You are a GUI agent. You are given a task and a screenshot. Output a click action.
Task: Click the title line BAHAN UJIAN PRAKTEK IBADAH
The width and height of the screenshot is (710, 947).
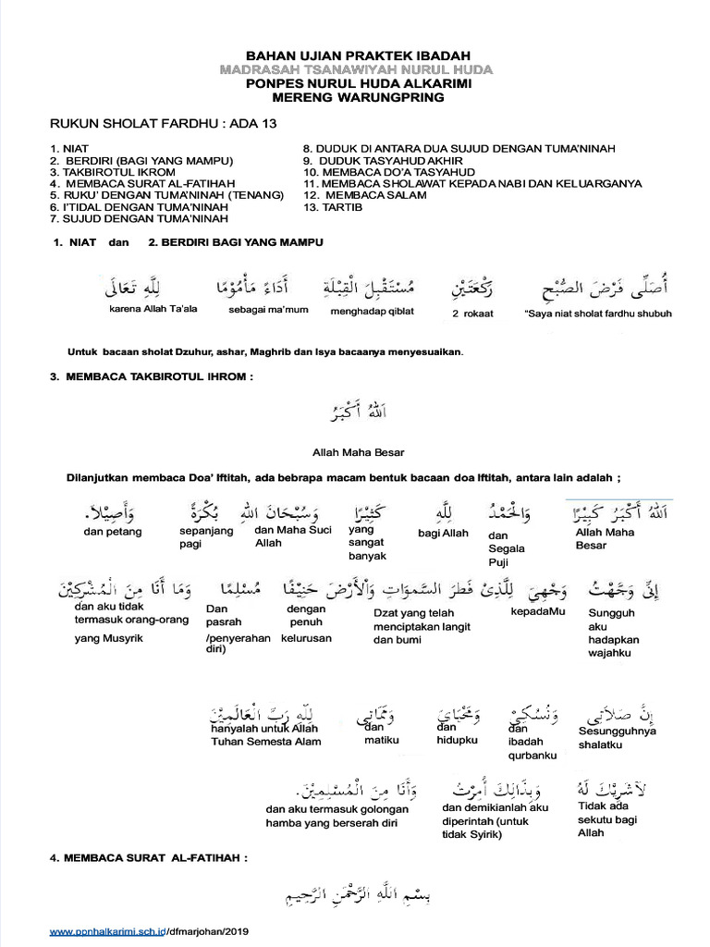[356, 56]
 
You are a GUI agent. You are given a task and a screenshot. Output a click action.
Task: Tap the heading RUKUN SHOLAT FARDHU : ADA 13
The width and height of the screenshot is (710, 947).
[163, 123]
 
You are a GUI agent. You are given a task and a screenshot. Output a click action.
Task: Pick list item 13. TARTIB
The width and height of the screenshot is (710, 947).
[333, 207]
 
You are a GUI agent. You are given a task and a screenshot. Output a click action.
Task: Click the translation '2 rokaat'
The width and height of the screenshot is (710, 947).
[472, 314]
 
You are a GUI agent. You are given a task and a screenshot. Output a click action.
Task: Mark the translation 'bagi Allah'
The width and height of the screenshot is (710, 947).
[443, 534]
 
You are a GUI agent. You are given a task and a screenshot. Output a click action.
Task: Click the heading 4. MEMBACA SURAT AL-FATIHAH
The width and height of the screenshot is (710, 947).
[149, 859]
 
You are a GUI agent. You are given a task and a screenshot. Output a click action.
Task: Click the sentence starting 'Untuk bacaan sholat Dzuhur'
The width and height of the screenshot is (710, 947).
[264, 351]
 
